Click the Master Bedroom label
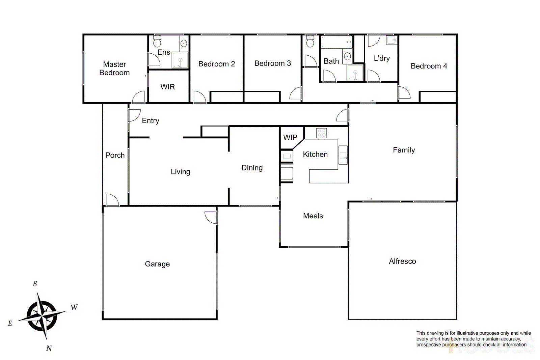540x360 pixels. [114, 68]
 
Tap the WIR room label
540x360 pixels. [167, 87]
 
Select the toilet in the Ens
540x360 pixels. [157, 42]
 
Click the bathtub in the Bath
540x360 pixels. [336, 43]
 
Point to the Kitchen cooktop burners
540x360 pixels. [321, 133]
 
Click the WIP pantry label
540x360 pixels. [290, 137]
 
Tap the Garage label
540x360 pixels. [157, 264]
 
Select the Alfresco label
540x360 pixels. [402, 261]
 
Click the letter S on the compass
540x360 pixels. [35, 284]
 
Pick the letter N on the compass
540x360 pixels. [49, 348]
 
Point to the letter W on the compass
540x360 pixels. [74, 307]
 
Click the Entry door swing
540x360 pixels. [134, 115]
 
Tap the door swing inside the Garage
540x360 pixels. [210, 218]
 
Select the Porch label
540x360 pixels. [115, 155]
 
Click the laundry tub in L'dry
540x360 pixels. [391, 40]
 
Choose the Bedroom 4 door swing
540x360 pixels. [404, 92]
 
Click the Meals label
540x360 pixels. [313, 216]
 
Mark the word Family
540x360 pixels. [404, 150]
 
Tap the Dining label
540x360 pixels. [252, 168]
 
